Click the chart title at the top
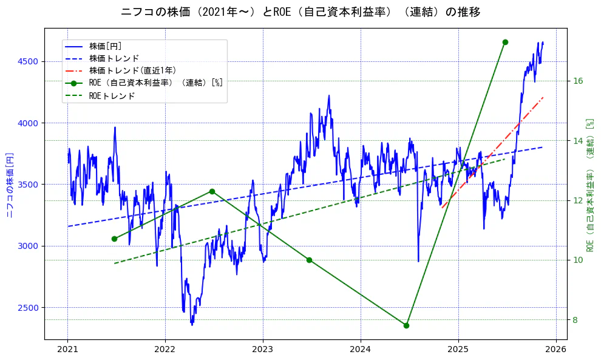pos(300,12)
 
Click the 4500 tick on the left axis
pos(28,62)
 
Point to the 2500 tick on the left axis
pos(28,308)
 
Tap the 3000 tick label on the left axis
pos(28,246)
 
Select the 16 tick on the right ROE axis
pos(578,81)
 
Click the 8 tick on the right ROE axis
pos(576,320)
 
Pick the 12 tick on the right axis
pos(578,200)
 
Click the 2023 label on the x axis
pos(263,350)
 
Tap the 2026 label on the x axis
pos(555,350)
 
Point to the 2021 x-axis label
pos(67,350)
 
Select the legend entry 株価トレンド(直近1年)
pos(132,70)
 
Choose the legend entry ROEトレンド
pos(112,96)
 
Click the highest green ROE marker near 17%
pos(505,42)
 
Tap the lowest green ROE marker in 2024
pos(406,325)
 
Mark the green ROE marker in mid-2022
pos(212,191)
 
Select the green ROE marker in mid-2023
pos(309,260)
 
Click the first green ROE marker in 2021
pos(114,239)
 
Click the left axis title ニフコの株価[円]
pos(10,184)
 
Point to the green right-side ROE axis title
pos(589,184)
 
